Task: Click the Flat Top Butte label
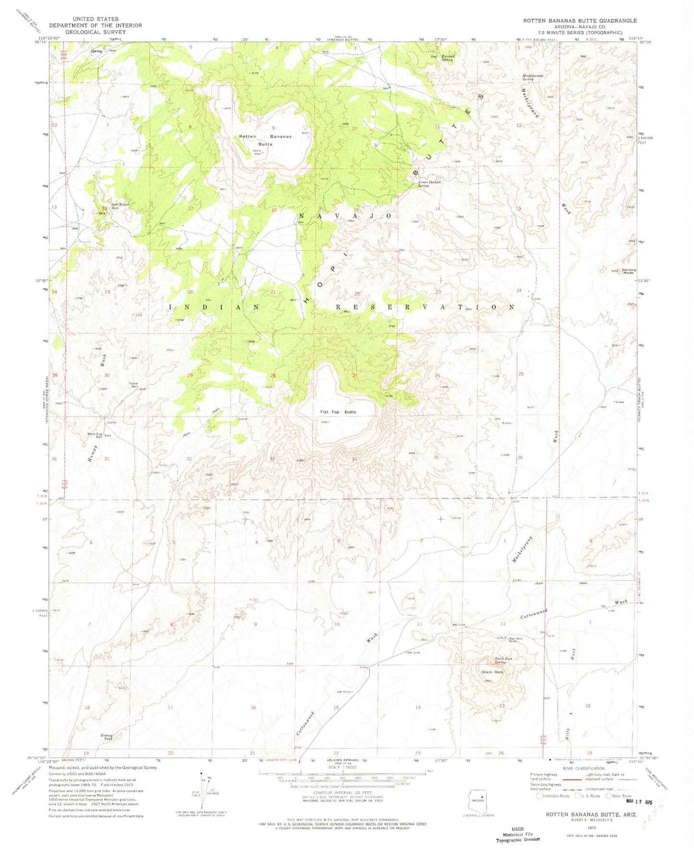[338, 412]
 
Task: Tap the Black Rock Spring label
[503, 660]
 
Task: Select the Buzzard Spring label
[447, 58]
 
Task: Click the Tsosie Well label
[134, 384]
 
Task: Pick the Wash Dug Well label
[95, 435]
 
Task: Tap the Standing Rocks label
[629, 271]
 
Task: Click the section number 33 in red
[272, 459]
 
